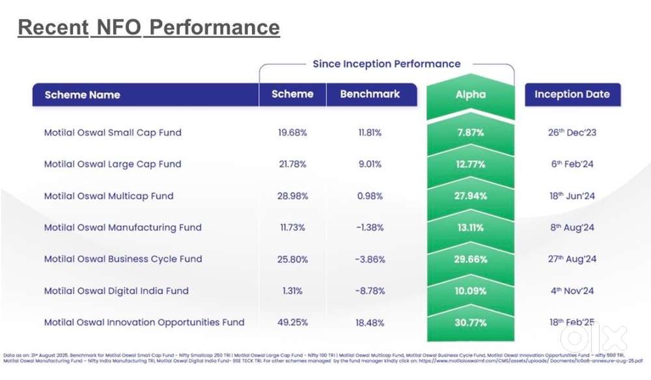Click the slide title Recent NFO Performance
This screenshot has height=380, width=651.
click(148, 27)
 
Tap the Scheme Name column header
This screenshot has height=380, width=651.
click(82, 95)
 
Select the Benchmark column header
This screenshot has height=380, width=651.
click(370, 94)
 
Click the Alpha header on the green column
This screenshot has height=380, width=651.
click(470, 94)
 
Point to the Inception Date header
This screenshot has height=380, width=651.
click(572, 94)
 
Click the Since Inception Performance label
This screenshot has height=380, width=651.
click(386, 64)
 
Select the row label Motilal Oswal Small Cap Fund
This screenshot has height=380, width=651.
click(113, 133)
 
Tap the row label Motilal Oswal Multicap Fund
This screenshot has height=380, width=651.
click(109, 196)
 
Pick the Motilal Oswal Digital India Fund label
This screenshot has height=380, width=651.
click(117, 291)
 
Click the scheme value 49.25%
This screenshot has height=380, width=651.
click(292, 322)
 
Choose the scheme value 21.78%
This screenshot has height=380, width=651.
click(292, 164)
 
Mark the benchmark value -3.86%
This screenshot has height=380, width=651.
click(370, 259)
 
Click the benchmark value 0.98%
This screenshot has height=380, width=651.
click(370, 196)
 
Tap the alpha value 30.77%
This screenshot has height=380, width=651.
click(470, 322)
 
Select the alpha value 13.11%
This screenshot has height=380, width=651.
click(470, 228)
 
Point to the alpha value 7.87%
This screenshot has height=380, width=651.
click(470, 133)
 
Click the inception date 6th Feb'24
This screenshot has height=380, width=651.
click(572, 164)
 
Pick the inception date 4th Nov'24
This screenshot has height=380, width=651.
click(572, 291)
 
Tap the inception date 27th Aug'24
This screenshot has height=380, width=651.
click(572, 259)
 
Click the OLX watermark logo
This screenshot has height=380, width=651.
click(593, 338)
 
